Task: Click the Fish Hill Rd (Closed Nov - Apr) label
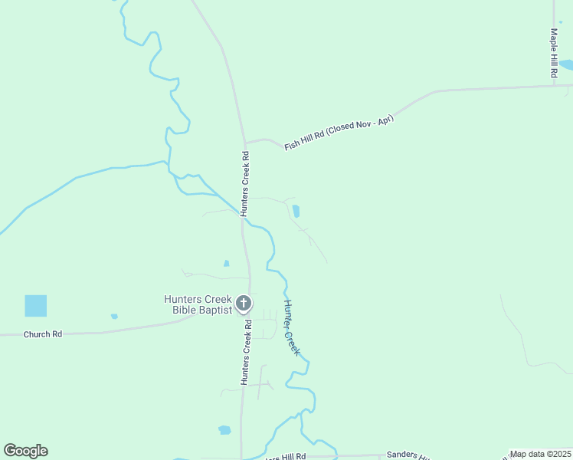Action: click(x=339, y=132)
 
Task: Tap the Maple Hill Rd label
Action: click(x=553, y=53)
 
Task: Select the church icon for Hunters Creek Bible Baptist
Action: click(x=244, y=304)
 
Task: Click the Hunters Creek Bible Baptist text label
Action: click(x=197, y=304)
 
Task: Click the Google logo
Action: click(x=25, y=451)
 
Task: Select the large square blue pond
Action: click(x=35, y=306)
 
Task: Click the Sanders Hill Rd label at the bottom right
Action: click(x=414, y=455)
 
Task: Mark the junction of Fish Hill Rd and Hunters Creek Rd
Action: click(x=245, y=143)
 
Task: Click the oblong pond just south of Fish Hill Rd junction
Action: click(x=296, y=211)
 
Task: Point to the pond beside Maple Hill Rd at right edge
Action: click(x=566, y=65)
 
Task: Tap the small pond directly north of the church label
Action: click(x=226, y=264)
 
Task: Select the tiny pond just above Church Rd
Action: click(x=114, y=316)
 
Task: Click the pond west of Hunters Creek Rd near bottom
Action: click(x=224, y=430)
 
